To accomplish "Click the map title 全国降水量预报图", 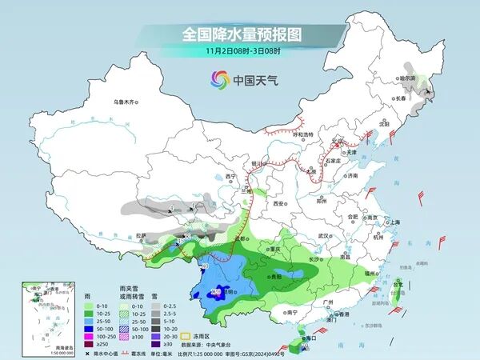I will (240, 34).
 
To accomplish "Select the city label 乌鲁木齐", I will (126, 102).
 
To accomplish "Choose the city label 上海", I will (394, 222).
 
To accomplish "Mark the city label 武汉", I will (324, 236).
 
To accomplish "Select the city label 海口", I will (313, 338).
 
